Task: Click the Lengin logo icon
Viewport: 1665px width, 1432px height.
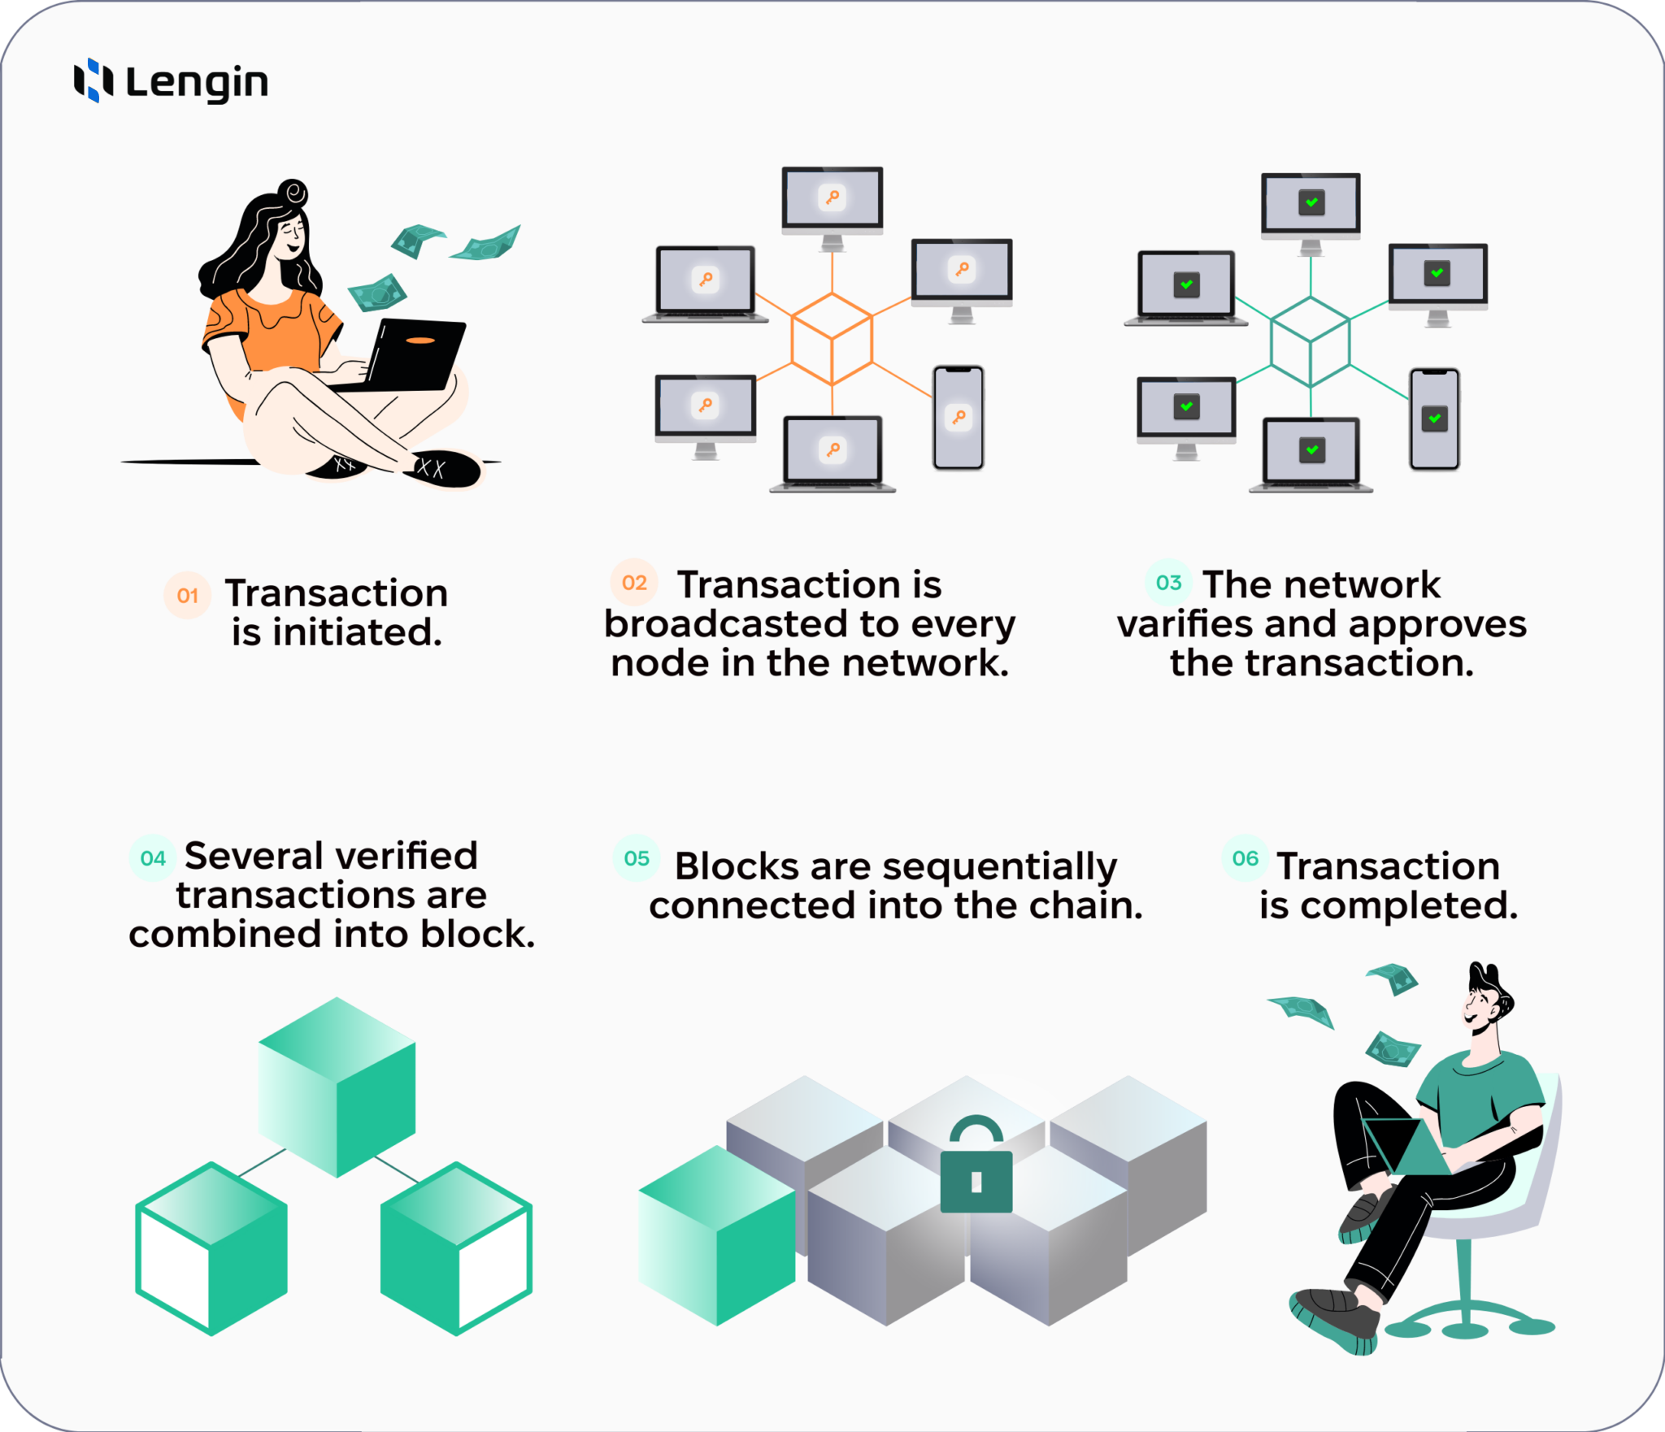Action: point(93,80)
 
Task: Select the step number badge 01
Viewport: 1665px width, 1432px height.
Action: point(187,595)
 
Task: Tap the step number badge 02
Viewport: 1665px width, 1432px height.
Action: point(634,582)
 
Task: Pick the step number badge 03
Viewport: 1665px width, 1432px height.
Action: point(1168,582)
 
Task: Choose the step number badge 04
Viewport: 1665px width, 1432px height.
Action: point(153,857)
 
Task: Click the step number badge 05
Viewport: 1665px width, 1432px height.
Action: point(637,857)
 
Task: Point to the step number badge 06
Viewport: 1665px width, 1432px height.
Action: point(1245,857)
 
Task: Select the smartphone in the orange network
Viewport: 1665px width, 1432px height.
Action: point(959,417)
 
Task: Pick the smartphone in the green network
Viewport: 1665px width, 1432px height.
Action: point(1434,419)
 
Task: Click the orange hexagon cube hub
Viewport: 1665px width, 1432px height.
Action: point(832,339)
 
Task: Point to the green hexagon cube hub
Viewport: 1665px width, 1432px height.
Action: point(1310,341)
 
